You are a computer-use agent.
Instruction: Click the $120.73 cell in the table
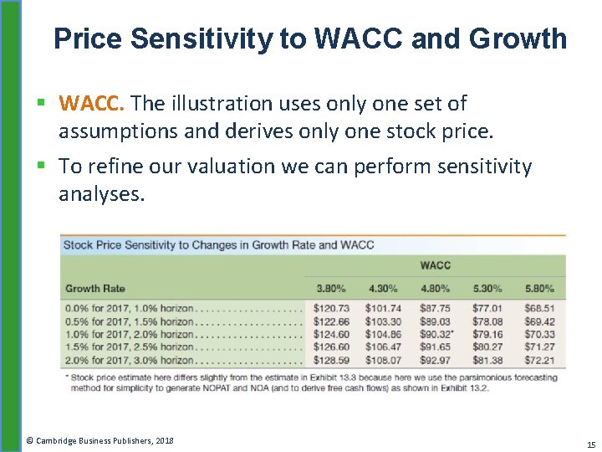coord(331,309)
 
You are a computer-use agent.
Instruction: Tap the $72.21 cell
coord(539,361)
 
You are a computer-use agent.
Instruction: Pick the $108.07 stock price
coord(383,361)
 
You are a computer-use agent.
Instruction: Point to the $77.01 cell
coord(487,309)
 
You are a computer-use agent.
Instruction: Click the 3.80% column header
coord(330,289)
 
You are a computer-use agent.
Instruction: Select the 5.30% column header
coord(487,289)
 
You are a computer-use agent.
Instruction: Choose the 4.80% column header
coord(435,289)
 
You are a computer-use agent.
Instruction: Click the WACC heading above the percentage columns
coord(435,265)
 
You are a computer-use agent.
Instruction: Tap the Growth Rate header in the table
coord(95,289)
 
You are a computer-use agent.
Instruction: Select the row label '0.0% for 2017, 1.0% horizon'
coord(130,309)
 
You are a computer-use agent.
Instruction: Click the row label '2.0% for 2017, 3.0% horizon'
coord(130,361)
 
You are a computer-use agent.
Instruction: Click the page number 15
coord(591,444)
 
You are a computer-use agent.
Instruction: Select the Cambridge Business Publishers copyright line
coord(99,439)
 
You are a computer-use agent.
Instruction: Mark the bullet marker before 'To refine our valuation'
coord(42,167)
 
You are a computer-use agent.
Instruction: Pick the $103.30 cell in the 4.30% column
coord(383,322)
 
